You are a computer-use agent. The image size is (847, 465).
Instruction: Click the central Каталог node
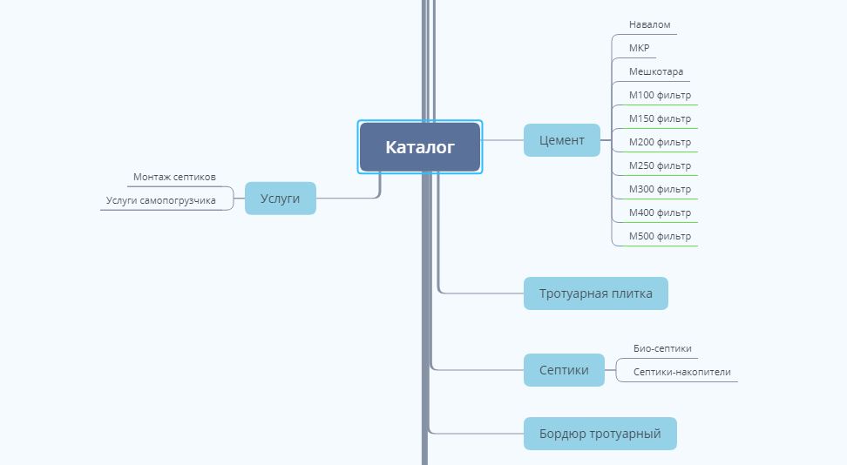420,147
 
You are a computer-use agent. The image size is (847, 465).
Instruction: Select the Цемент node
562,140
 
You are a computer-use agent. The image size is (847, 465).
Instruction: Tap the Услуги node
280,199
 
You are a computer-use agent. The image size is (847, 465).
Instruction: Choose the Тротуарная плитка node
595,293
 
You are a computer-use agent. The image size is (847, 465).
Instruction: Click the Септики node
564,370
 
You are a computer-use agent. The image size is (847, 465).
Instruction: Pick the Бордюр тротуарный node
600,434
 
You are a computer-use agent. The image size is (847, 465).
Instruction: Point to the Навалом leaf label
649,24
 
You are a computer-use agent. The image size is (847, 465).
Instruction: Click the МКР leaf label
639,48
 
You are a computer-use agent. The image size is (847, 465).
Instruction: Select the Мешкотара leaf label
656,71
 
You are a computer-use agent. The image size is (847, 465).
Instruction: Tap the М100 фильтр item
660,95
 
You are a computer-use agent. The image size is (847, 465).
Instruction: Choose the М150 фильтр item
660,118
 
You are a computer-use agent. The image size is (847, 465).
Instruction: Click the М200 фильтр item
660,142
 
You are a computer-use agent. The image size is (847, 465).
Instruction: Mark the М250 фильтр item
660,165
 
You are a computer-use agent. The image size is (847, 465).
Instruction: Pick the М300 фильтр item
660,189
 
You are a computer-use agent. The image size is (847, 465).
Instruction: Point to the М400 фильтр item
660,212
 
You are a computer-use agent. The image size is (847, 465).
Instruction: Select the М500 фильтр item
660,236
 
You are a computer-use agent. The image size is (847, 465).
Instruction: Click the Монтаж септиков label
174,177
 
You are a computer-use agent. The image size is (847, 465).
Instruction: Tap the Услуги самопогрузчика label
161,200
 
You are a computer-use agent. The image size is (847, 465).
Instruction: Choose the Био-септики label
662,348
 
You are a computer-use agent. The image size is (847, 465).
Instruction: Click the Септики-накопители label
681,372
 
